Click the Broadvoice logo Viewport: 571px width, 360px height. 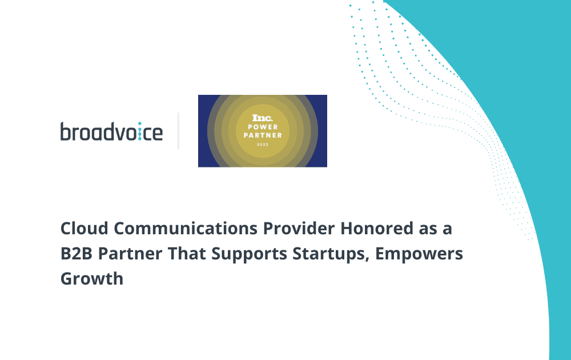pyautogui.click(x=111, y=131)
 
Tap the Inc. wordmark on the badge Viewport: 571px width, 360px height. pyautogui.click(x=263, y=118)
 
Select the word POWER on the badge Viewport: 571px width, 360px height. pyautogui.click(x=263, y=127)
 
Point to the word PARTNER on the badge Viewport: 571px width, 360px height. pyautogui.click(x=263, y=135)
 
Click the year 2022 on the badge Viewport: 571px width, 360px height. pyautogui.click(x=263, y=145)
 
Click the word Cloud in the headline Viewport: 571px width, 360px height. pyautogui.click(x=85, y=229)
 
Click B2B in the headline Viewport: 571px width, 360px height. pyautogui.click(x=77, y=254)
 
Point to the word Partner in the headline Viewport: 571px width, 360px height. pyautogui.click(x=130, y=254)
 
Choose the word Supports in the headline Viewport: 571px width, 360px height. pyautogui.click(x=250, y=254)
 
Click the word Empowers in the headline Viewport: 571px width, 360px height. pyautogui.click(x=419, y=254)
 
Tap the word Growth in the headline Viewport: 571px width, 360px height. pyautogui.click(x=92, y=279)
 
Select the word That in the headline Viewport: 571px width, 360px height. pyautogui.click(x=187, y=254)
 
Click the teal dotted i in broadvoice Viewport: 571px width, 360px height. pyautogui.click(x=139, y=131)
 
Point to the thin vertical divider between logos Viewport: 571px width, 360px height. pyautogui.click(x=178, y=131)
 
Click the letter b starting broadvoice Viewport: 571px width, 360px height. pyautogui.click(x=66, y=131)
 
